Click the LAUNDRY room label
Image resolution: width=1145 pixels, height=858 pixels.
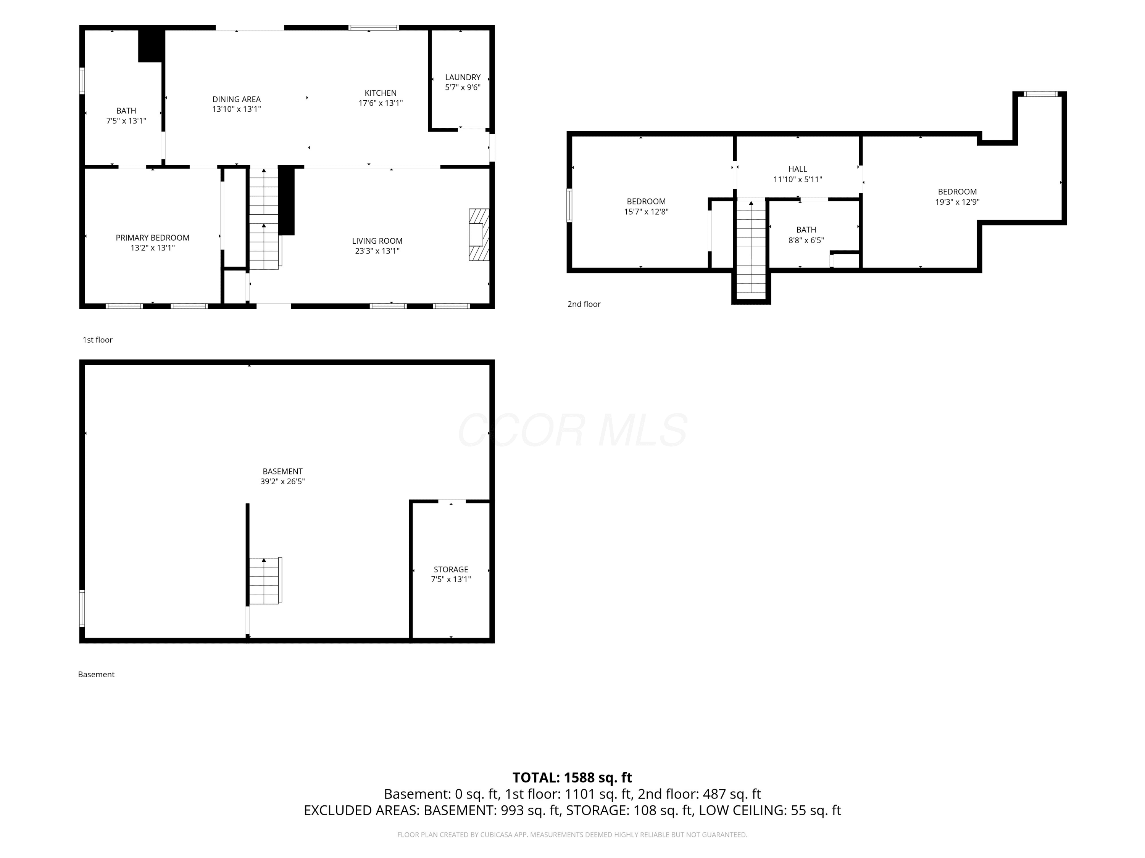pos(463,77)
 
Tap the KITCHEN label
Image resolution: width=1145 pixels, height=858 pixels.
pos(381,93)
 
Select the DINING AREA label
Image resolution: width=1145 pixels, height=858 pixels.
pos(237,99)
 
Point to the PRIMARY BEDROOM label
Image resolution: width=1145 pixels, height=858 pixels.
pos(153,238)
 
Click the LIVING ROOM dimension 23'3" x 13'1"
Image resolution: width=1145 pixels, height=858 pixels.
pos(377,251)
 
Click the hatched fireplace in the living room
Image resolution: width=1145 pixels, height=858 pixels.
pos(479,235)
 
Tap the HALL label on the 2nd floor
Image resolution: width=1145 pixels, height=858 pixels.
pos(798,169)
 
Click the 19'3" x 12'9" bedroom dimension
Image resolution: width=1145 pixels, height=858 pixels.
pos(957,202)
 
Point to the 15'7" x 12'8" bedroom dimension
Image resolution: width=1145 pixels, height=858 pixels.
pos(646,212)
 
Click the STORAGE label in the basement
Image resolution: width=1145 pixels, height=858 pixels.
pos(451,569)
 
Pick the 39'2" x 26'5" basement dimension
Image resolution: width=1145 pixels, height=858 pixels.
pos(283,482)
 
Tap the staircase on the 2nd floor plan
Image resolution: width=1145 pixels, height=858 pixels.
pos(751,249)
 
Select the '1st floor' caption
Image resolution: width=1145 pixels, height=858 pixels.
pos(97,340)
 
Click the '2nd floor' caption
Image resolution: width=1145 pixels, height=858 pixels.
pos(584,304)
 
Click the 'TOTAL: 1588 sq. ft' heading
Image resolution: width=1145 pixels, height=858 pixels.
pos(572,778)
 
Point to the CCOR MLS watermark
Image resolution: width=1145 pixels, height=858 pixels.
pos(572,430)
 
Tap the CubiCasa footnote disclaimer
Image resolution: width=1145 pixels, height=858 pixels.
pos(572,835)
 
